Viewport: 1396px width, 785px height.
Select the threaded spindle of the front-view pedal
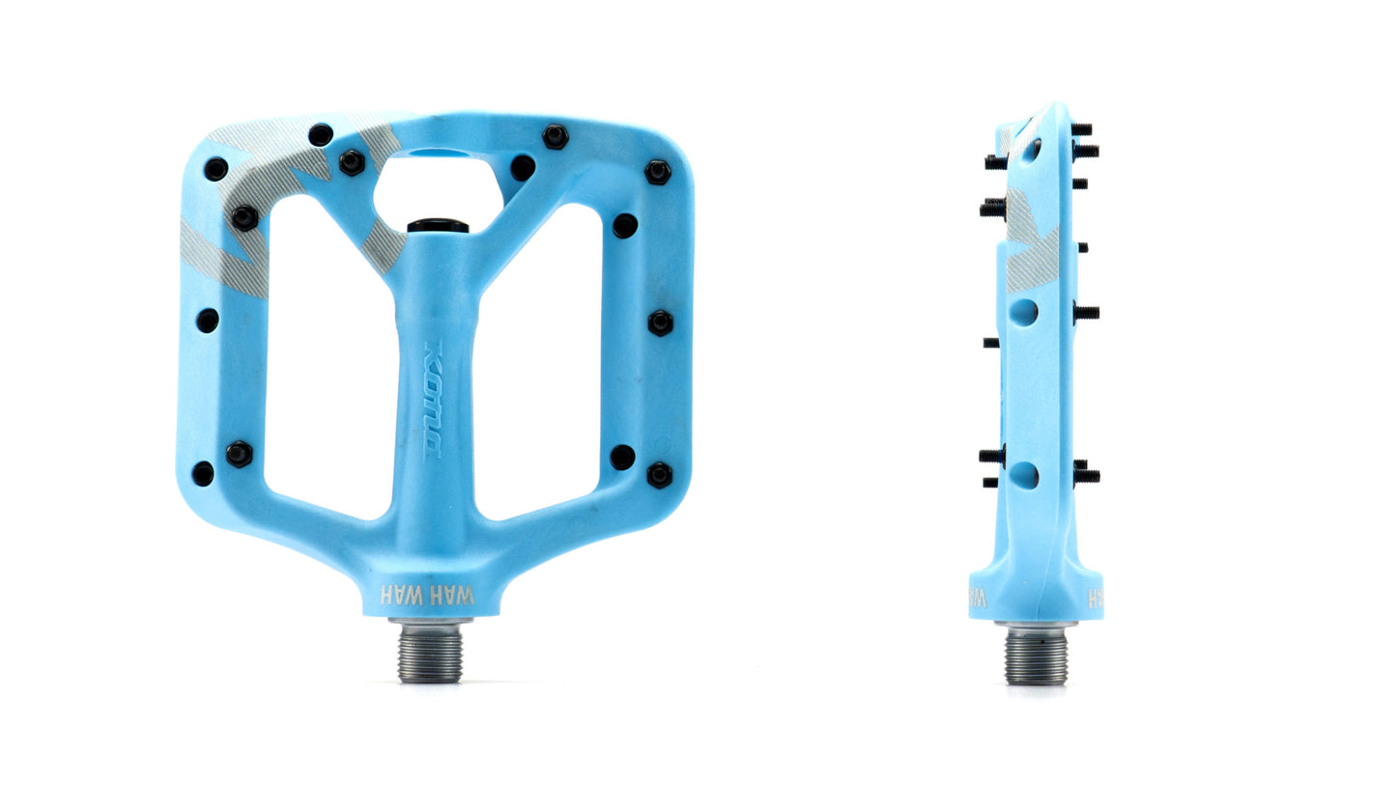[x=431, y=653]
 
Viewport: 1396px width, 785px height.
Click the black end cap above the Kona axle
[x=438, y=226]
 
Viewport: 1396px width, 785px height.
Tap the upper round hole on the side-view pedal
[x=1024, y=312]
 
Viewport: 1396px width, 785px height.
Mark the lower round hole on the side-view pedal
[x=1024, y=474]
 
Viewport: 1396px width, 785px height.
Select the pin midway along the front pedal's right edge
[x=660, y=322]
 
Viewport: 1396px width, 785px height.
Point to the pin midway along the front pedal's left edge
[x=208, y=320]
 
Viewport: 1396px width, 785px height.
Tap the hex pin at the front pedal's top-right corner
[x=658, y=173]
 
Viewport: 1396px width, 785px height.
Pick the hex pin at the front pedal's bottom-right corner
[x=660, y=474]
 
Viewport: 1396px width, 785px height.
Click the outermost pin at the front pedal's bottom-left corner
[x=203, y=474]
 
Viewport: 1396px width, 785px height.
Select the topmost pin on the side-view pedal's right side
[x=1081, y=129]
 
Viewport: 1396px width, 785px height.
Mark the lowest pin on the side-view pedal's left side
[x=990, y=481]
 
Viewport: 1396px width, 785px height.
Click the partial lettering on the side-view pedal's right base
[x=1096, y=599]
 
